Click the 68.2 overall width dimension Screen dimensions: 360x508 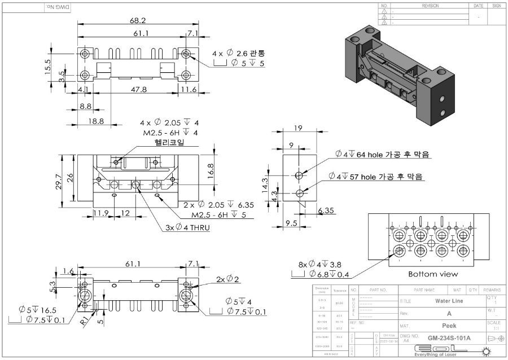point(138,20)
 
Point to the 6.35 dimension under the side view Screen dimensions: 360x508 point(326,210)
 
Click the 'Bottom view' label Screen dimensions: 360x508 point(432,274)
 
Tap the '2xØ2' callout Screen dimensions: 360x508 point(227,279)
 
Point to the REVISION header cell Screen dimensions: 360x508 point(430,6)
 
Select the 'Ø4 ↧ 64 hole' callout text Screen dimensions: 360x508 point(381,155)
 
